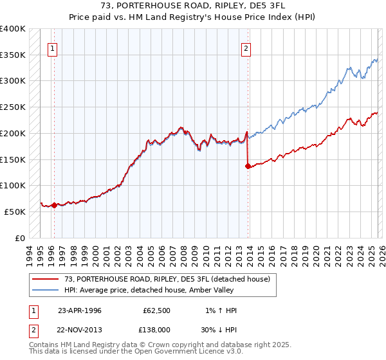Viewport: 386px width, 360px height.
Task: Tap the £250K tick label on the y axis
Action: (x=13, y=107)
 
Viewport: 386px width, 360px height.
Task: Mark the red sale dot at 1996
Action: (x=54, y=206)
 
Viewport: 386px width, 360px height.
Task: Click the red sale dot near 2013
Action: (x=248, y=166)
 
